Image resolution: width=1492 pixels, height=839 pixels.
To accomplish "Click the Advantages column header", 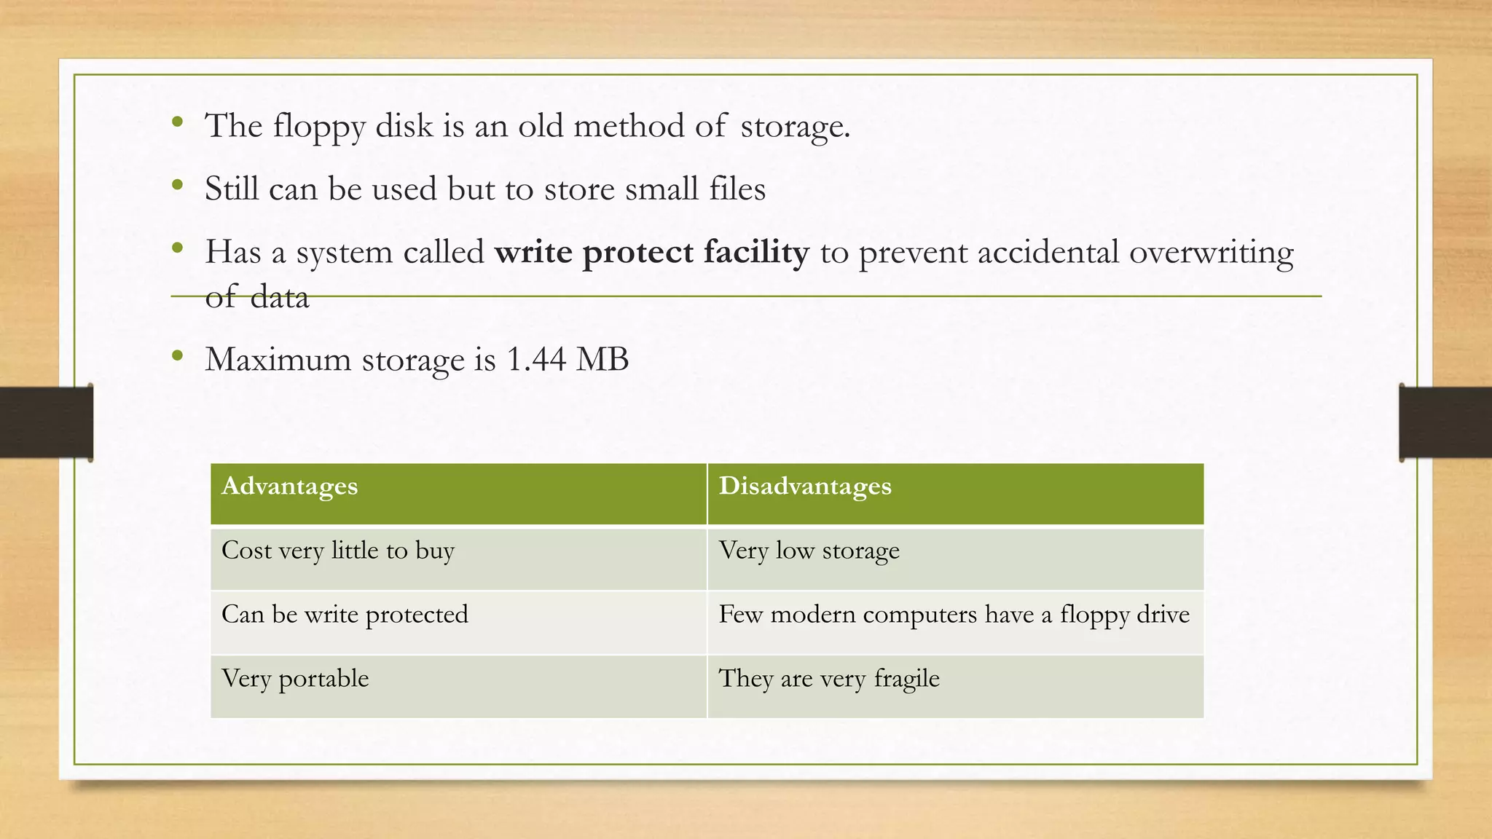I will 289,487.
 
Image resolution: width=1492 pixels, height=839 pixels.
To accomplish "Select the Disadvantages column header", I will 805,487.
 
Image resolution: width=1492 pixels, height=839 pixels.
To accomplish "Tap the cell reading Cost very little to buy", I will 338,551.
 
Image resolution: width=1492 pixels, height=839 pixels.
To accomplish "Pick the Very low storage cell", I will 809,551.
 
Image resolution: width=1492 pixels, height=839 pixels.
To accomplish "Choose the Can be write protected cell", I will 345,615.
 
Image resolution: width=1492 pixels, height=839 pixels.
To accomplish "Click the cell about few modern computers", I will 954,615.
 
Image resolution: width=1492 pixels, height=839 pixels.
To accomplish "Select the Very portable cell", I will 295,679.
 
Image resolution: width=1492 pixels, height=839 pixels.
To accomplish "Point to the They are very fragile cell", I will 829,679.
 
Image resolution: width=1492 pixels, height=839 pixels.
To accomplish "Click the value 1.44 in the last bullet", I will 535,359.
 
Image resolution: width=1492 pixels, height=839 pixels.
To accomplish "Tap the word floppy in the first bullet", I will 319,127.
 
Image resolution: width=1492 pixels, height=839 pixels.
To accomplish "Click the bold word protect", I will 637,253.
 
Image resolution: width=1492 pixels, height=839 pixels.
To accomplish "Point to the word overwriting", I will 1211,253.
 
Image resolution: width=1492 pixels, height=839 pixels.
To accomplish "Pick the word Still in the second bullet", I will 232,189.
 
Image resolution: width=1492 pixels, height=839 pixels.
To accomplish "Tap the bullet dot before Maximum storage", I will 177,356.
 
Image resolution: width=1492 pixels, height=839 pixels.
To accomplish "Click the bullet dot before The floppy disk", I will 177,122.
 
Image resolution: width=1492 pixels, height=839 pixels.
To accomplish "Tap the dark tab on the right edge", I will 1445,422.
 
